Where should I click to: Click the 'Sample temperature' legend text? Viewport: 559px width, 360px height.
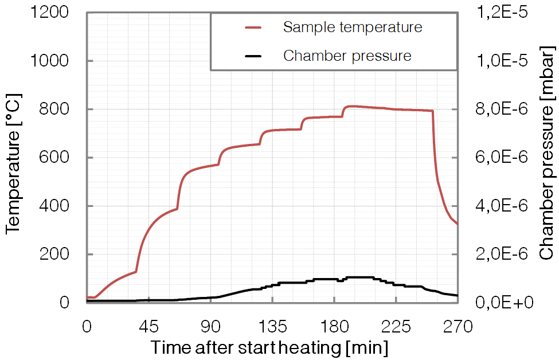(x=352, y=27)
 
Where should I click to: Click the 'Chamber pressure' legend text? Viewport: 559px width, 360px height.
(x=347, y=56)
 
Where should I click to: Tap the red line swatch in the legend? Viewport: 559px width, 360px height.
(x=253, y=27)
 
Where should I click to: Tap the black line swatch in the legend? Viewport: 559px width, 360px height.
(x=253, y=56)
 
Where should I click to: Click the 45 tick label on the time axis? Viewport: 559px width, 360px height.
(x=148, y=327)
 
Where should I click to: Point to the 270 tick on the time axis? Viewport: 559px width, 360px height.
(x=457, y=327)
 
